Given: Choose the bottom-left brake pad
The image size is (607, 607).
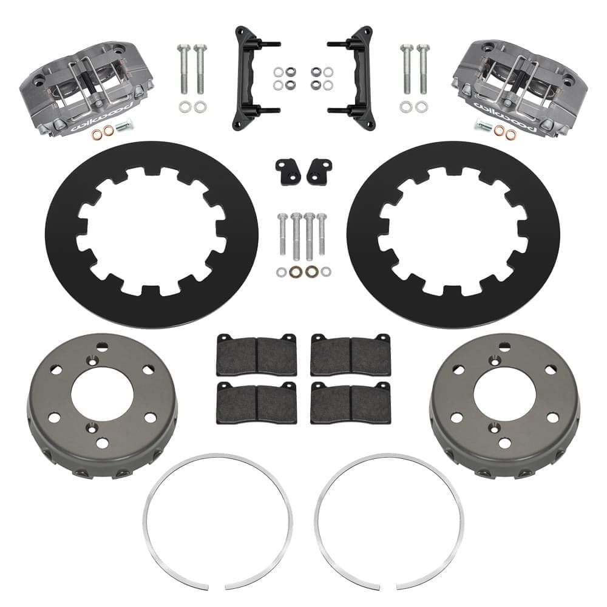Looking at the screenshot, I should (257, 403).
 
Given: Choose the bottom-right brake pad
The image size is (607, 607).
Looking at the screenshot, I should (350, 403).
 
